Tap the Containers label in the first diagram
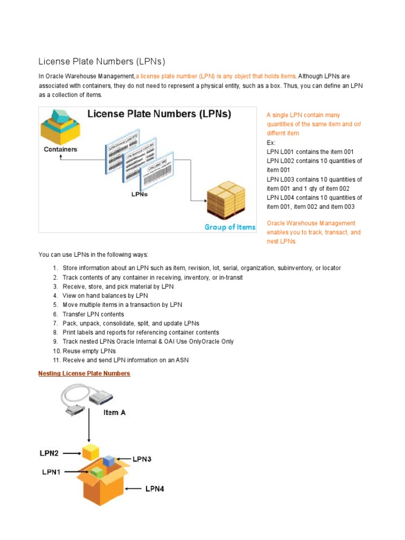pos(60,149)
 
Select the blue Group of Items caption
pos(230,227)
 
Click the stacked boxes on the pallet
pos(226,199)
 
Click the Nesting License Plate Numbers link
pos(84,373)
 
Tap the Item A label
pos(114,412)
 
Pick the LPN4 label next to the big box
pos(155,489)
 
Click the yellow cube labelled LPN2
pos(90,451)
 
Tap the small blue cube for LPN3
pos(109,461)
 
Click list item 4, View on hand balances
pos(105,296)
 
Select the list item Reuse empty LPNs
pos(89,351)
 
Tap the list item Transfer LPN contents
pos(93,314)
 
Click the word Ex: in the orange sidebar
pos(271,142)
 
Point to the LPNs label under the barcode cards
pos(139,194)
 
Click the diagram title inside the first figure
pos(159,114)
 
